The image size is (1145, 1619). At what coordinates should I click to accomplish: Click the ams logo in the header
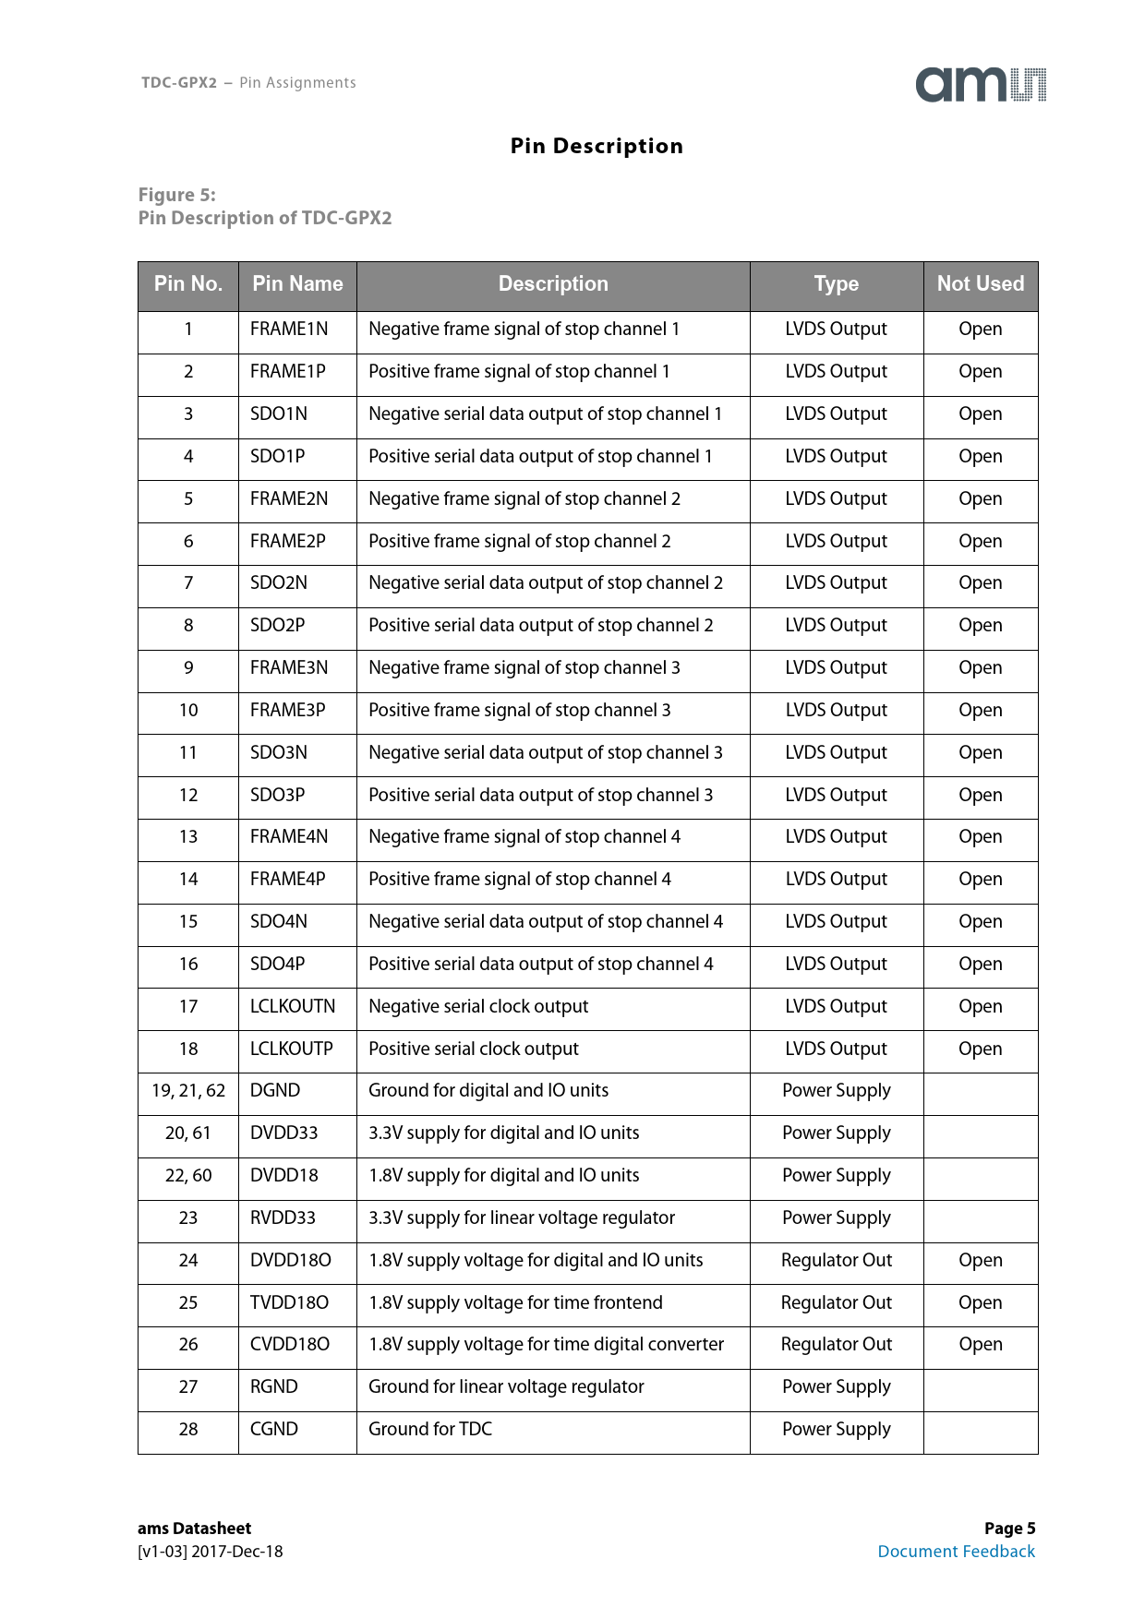(x=981, y=85)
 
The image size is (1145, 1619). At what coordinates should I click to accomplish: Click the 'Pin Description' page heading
(x=597, y=146)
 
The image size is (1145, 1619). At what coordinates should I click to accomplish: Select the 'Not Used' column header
(x=980, y=284)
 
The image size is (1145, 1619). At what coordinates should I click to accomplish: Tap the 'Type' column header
(x=836, y=284)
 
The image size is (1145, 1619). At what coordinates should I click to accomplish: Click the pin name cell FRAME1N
(x=288, y=330)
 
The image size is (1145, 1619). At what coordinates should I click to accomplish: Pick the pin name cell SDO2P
(x=277, y=626)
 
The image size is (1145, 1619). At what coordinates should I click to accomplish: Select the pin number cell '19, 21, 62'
(x=188, y=1091)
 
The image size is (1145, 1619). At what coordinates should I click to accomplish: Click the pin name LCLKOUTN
(x=293, y=1007)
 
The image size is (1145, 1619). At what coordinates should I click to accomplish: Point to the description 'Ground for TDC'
(x=430, y=1430)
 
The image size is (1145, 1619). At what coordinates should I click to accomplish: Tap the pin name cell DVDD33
(x=283, y=1133)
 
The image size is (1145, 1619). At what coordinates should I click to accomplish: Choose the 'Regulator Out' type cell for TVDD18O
(x=836, y=1303)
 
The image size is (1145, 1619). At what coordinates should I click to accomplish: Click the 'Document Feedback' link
(x=956, y=1552)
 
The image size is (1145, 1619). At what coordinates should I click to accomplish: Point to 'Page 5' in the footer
(x=1009, y=1529)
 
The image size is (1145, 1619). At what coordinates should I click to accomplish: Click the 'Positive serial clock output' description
(x=474, y=1049)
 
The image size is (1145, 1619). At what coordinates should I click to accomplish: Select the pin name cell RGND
(x=273, y=1387)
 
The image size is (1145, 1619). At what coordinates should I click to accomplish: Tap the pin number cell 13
(x=188, y=837)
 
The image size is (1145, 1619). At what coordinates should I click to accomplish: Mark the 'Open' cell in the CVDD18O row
(x=980, y=1345)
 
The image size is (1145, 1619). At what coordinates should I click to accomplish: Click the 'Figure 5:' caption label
(x=177, y=195)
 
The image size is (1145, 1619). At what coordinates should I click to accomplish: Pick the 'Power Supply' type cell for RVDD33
(x=836, y=1218)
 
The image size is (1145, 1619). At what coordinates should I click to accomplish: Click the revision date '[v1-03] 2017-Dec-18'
(x=211, y=1552)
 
